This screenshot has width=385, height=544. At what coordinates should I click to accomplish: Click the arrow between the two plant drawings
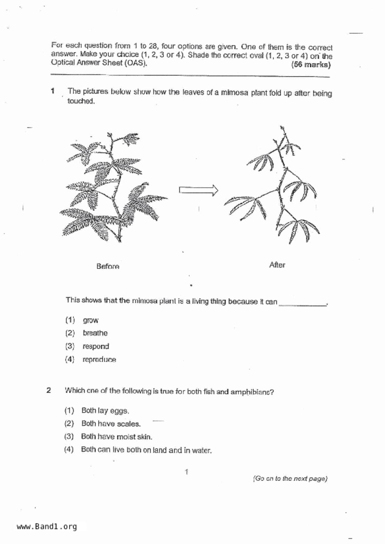click(198, 190)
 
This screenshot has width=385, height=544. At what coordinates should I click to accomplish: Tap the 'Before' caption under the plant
click(108, 266)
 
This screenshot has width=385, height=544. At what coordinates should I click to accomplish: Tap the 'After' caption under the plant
click(277, 265)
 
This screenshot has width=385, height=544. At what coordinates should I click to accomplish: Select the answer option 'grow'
click(90, 320)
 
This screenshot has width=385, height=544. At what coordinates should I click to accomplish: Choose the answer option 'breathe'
click(95, 333)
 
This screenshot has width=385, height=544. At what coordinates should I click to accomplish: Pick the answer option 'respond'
click(96, 346)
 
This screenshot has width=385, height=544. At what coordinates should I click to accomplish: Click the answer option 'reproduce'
click(99, 360)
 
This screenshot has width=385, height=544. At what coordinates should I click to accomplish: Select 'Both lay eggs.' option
click(105, 411)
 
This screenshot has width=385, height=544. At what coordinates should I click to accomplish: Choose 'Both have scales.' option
click(111, 424)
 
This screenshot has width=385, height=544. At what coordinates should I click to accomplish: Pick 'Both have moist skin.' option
click(117, 437)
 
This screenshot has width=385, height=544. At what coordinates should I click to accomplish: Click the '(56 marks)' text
click(311, 65)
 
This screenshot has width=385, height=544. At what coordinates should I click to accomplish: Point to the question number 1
click(53, 91)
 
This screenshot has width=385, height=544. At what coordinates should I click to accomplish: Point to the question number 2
click(49, 390)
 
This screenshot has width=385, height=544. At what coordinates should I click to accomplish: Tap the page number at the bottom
click(186, 472)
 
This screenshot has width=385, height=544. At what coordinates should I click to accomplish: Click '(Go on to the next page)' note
click(290, 479)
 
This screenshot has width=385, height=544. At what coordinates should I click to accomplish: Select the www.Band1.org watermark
click(47, 527)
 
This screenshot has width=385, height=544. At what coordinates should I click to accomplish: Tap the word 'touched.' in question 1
click(81, 101)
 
